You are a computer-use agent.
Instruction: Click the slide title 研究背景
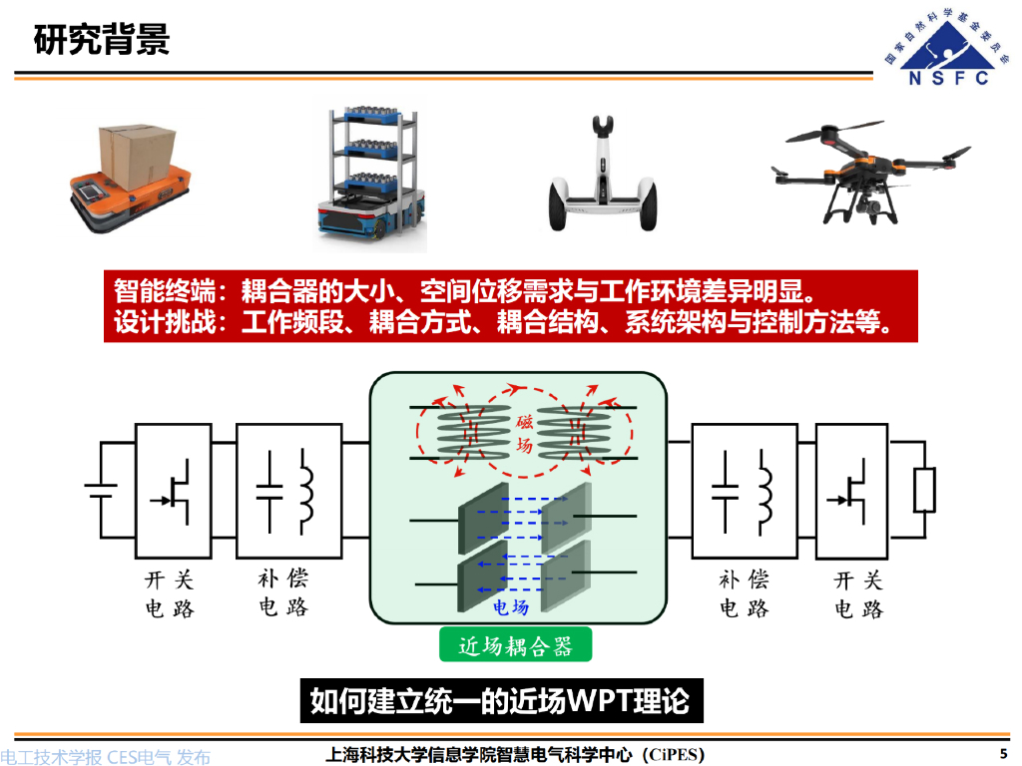(101, 40)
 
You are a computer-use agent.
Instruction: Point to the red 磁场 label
(524, 435)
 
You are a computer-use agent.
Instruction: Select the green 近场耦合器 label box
(515, 645)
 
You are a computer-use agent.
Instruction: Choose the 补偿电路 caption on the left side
(283, 592)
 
